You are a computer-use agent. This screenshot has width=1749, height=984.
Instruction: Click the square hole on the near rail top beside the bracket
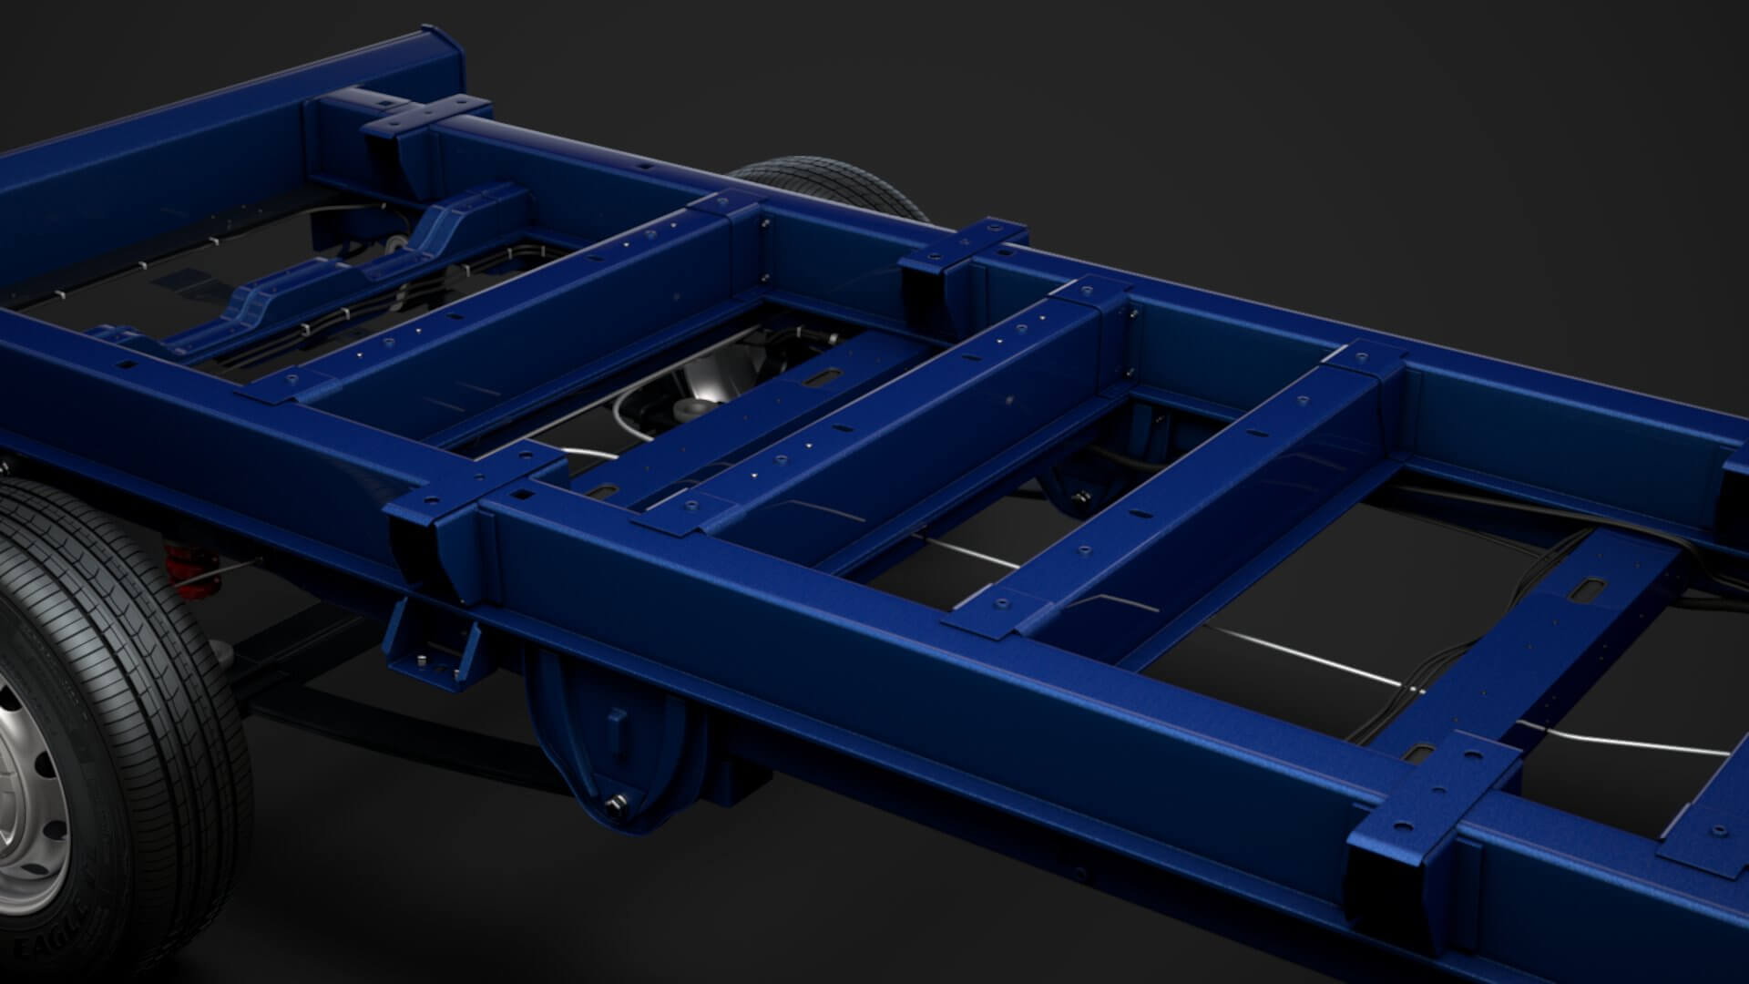tap(523, 495)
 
